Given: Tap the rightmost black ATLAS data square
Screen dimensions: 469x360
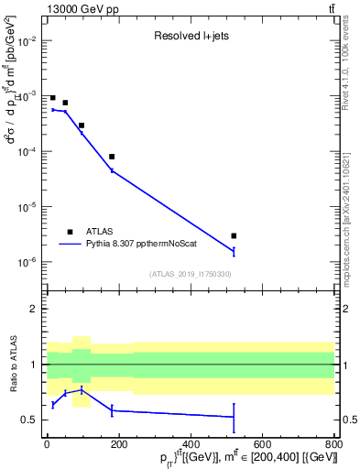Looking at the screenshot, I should (234, 235).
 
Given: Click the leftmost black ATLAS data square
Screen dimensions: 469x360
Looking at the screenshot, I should (53, 98).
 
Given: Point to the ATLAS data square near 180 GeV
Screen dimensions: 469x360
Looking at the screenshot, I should (112, 157).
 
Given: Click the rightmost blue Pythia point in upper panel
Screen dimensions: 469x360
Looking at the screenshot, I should (234, 250).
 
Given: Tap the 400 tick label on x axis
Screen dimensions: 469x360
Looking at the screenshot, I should (191, 444).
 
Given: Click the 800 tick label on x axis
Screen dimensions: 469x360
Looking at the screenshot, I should (333, 444).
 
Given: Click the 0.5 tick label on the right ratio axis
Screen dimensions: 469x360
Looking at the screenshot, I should (348, 420).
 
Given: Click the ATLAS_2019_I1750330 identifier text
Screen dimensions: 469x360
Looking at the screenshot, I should (191, 274).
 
